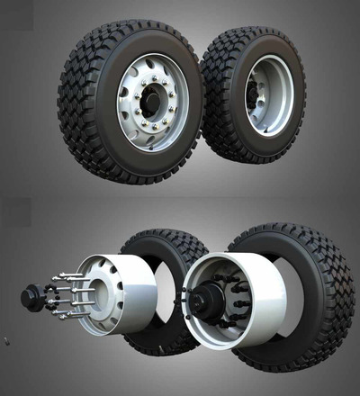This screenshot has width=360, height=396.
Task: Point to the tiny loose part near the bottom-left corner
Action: [x=6, y=340]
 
